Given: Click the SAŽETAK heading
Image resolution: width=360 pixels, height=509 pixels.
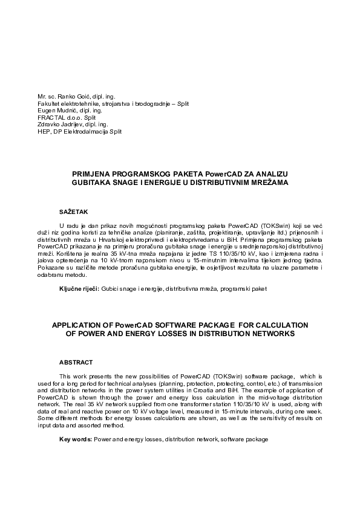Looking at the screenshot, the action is pos(73,212).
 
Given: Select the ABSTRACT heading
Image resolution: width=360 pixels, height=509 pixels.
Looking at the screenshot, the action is pos(76,363).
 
